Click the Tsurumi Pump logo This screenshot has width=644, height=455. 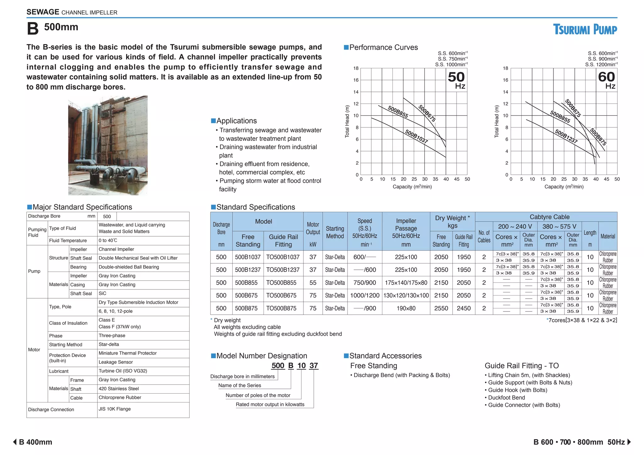(x=585, y=30)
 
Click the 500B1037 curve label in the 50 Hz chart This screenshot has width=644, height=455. (x=416, y=137)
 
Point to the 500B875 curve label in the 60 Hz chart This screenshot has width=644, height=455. (x=598, y=137)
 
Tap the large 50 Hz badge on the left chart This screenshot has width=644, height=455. (x=456, y=80)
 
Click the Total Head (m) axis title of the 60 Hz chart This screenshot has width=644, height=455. (x=497, y=121)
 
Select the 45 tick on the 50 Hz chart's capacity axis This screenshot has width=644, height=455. (x=457, y=179)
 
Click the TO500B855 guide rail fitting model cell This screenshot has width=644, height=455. (x=281, y=283)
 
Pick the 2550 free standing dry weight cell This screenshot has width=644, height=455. (x=441, y=308)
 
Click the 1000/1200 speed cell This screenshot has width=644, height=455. (x=365, y=295)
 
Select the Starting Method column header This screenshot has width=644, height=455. (x=335, y=232)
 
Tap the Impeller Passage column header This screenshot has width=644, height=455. (x=406, y=232)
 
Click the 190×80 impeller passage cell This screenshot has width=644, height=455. (x=406, y=308)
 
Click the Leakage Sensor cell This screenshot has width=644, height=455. (x=116, y=362)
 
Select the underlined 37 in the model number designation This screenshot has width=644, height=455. (x=314, y=366)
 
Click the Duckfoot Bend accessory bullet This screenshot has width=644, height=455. (x=506, y=397)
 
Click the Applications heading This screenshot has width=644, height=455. (x=236, y=121)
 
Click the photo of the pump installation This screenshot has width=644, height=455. (x=108, y=145)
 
